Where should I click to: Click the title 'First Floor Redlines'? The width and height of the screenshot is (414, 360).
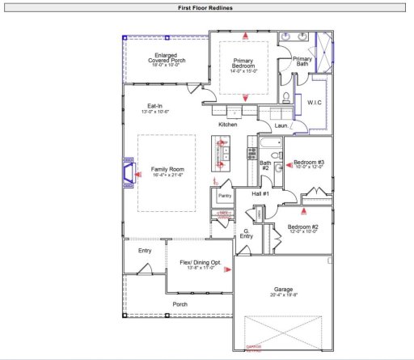[206, 7]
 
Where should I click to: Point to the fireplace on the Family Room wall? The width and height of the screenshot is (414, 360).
[128, 172]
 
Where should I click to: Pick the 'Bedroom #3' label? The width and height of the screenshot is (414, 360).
[309, 162]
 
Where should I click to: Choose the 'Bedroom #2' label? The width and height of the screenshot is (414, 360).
[303, 227]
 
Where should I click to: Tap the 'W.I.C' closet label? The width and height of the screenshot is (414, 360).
[315, 103]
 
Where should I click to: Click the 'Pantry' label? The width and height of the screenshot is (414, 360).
[225, 195]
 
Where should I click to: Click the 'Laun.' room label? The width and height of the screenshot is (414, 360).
[282, 125]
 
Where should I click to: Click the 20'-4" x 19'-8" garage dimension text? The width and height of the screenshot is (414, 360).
[281, 295]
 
